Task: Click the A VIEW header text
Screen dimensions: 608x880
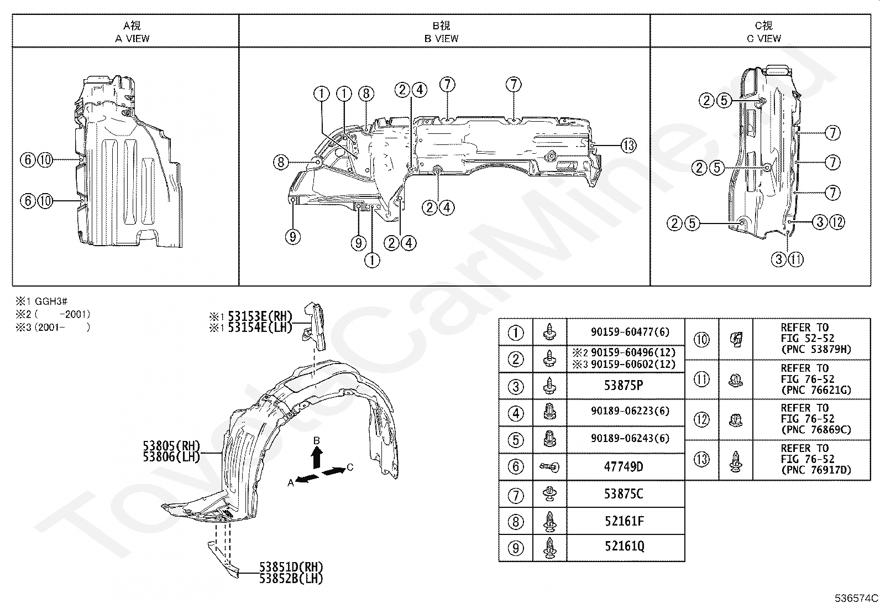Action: pyautogui.click(x=132, y=38)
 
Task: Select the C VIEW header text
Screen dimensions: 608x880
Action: pyautogui.click(x=764, y=38)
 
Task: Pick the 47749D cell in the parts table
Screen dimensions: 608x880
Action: pyautogui.click(x=624, y=467)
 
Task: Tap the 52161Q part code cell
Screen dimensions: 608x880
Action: pyautogui.click(x=624, y=547)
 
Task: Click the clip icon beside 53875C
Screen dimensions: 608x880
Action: pyautogui.click(x=549, y=493)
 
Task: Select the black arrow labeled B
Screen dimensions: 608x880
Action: pyautogui.click(x=317, y=457)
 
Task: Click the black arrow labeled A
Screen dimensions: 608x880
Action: pyautogui.click(x=307, y=479)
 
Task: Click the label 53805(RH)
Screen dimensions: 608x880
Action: pyautogui.click(x=171, y=446)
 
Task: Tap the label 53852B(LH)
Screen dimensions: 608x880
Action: pyautogui.click(x=291, y=578)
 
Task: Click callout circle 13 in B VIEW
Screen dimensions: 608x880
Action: pyautogui.click(x=628, y=145)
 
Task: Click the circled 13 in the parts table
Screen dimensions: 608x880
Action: pyautogui.click(x=701, y=459)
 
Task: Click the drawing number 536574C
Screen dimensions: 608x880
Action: pyautogui.click(x=856, y=599)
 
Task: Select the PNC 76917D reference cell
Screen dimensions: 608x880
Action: pyautogui.click(x=816, y=470)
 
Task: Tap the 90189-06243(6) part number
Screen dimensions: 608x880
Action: pyautogui.click(x=630, y=438)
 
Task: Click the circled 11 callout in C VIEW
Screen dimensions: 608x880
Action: pyautogui.click(x=795, y=259)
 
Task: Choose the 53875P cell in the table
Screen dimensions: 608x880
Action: pyautogui.click(x=624, y=386)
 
